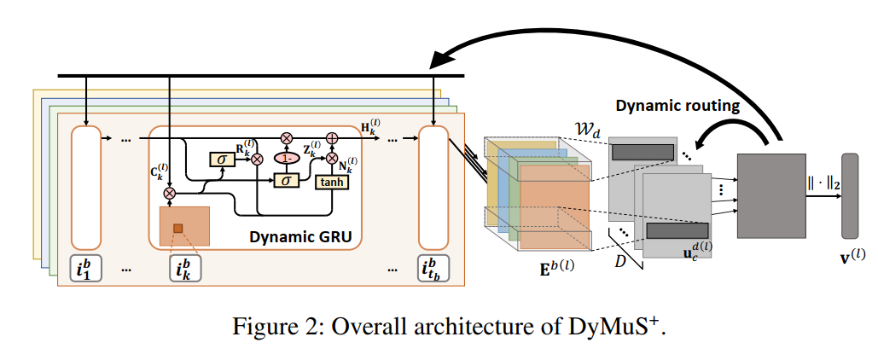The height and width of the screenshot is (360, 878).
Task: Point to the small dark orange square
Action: point(179,228)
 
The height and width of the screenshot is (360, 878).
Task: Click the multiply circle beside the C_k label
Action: point(169,194)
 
